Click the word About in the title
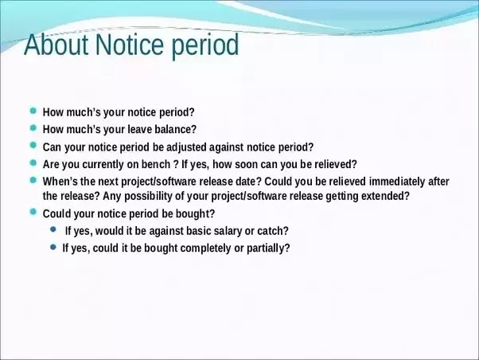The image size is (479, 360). point(56,45)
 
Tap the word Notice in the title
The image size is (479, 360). point(129,45)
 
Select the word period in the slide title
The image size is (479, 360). point(205,46)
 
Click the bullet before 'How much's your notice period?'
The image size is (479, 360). point(33,111)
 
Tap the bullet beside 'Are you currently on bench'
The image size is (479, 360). point(33,162)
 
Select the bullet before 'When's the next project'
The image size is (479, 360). point(33,180)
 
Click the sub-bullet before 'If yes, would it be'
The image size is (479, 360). point(53,229)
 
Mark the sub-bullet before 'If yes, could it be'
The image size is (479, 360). point(53,247)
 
